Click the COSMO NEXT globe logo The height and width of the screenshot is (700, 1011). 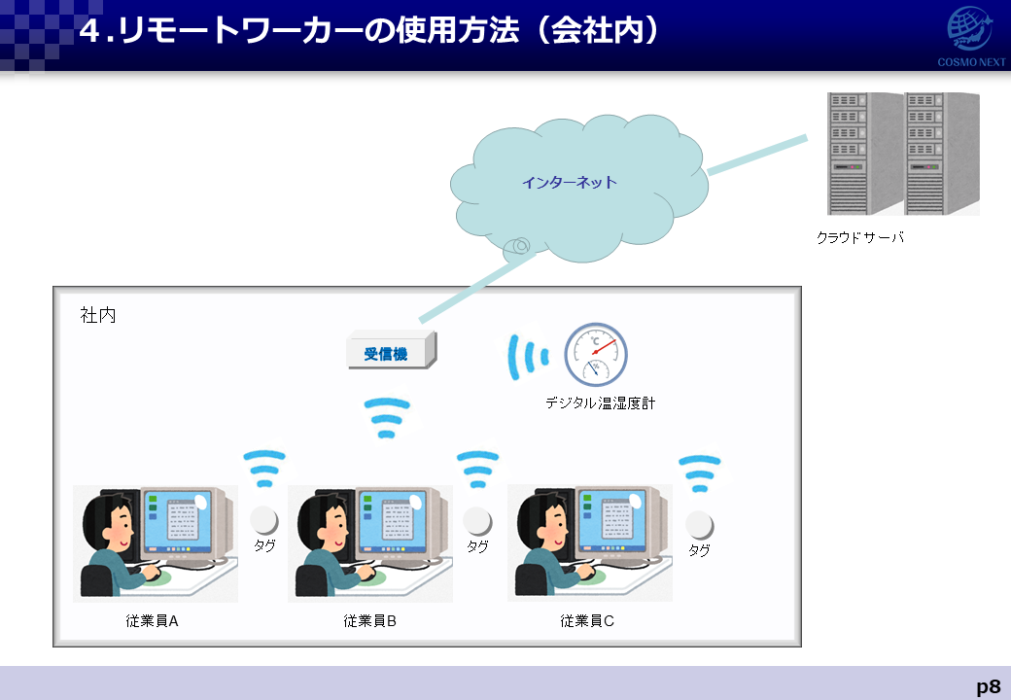(x=969, y=29)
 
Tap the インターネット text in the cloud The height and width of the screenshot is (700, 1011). (x=570, y=183)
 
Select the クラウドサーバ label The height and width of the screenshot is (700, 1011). (x=860, y=237)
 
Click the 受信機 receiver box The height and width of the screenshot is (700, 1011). (x=392, y=350)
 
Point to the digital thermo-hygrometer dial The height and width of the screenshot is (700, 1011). (x=596, y=354)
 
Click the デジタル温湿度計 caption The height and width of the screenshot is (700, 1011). (x=600, y=402)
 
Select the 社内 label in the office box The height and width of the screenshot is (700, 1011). (x=98, y=315)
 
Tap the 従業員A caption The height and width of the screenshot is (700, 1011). (x=153, y=620)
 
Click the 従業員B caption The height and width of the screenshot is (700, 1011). (x=369, y=620)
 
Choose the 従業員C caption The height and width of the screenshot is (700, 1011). (x=587, y=620)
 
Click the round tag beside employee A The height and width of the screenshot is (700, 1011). (x=263, y=521)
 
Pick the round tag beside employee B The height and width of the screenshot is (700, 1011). (x=477, y=521)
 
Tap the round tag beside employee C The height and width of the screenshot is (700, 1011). (x=700, y=525)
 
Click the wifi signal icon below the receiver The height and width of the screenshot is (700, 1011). (x=387, y=417)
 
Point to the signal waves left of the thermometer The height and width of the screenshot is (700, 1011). (x=528, y=357)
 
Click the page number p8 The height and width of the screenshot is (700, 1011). (x=988, y=685)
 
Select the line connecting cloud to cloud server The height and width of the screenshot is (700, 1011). (x=757, y=155)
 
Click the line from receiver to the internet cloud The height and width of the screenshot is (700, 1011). (x=477, y=288)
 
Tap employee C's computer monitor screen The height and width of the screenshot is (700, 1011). (x=609, y=521)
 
